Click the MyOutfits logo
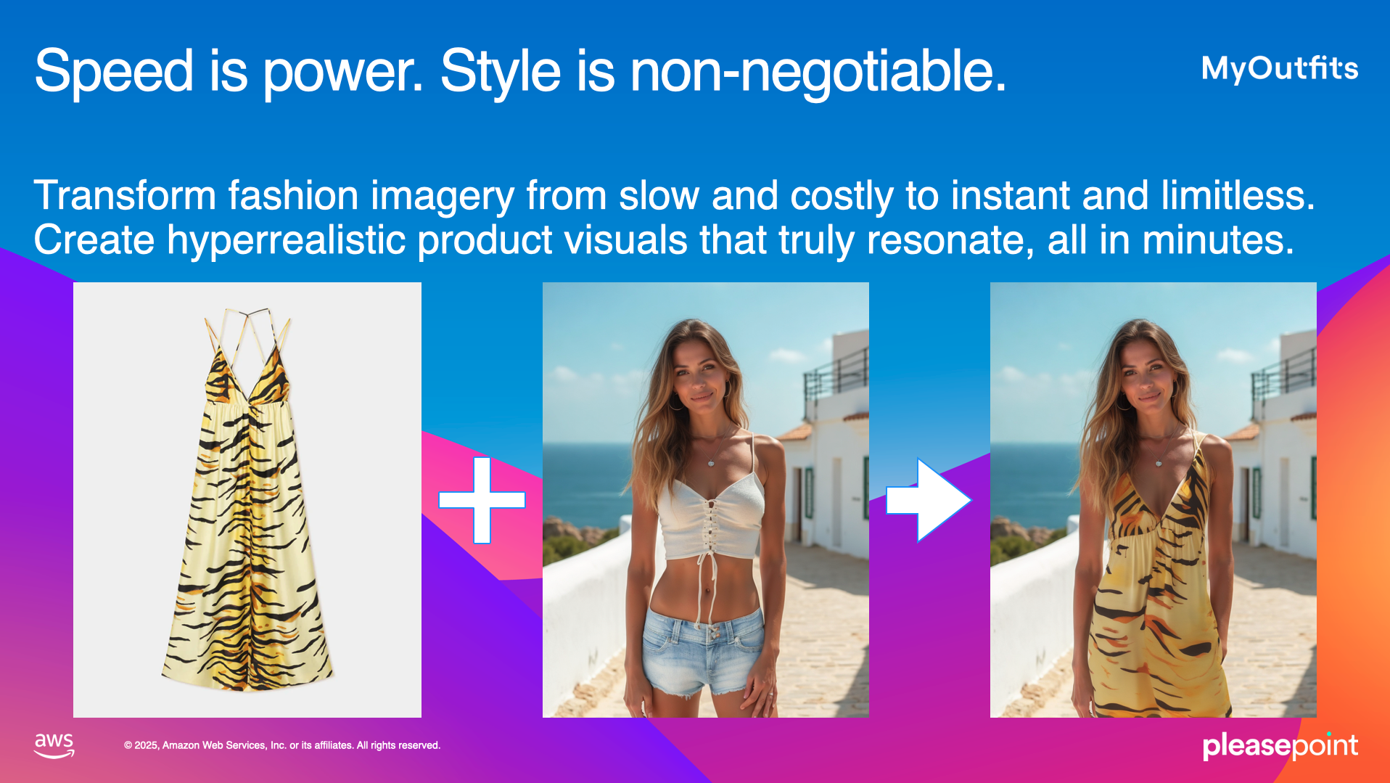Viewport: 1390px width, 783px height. [x=1280, y=68]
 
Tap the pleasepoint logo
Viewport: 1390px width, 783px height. [x=1280, y=745]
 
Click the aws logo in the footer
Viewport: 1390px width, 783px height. [x=54, y=745]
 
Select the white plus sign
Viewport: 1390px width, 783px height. [x=482, y=500]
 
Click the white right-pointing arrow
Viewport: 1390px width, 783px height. [x=929, y=500]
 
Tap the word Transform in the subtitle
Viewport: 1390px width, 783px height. [x=125, y=195]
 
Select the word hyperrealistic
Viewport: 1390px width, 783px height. [x=287, y=240]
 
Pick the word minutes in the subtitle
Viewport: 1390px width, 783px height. [x=1218, y=240]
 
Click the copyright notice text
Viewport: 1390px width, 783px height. [x=282, y=745]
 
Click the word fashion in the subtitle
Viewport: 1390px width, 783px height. [x=293, y=195]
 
